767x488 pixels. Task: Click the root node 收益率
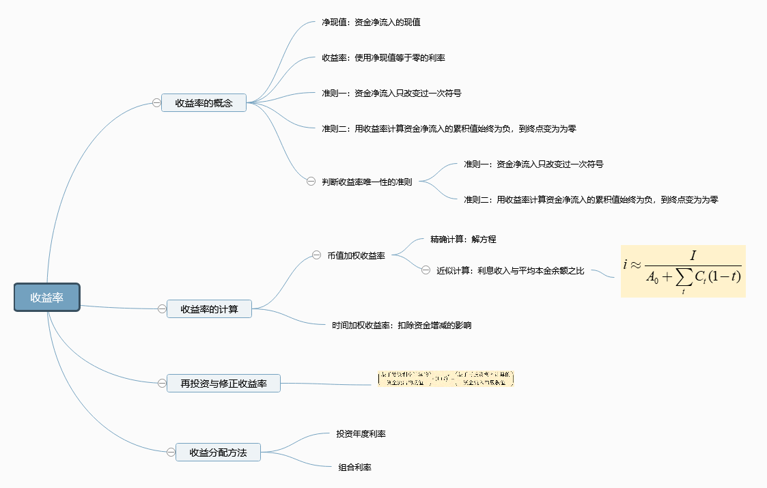[47, 298]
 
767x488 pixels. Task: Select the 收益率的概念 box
[204, 103]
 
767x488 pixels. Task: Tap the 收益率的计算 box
[209, 308]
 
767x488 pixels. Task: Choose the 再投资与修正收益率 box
[223, 384]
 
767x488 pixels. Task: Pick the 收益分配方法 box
[218, 452]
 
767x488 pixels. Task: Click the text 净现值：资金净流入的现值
[371, 22]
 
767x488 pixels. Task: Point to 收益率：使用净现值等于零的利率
[383, 58]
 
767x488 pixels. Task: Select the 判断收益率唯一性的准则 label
[367, 182]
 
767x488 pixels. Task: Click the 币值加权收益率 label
[356, 255]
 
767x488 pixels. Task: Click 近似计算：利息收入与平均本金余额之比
[510, 270]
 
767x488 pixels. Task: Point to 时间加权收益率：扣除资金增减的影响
[402, 325]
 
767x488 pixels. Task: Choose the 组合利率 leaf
[354, 468]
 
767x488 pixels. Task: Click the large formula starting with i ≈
[682, 271]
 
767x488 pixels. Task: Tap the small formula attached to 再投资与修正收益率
[445, 379]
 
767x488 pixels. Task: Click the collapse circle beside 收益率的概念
[156, 103]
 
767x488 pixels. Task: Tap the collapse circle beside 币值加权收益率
[316, 255]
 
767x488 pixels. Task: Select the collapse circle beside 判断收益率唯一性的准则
[311, 182]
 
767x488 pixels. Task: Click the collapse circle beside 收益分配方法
[171, 452]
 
